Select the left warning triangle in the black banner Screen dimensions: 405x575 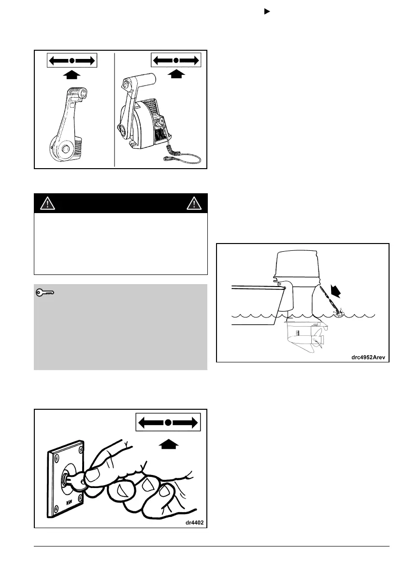47,203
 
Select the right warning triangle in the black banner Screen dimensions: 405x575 194,203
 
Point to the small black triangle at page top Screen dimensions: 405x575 265,10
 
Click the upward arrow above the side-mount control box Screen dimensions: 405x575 177,73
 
